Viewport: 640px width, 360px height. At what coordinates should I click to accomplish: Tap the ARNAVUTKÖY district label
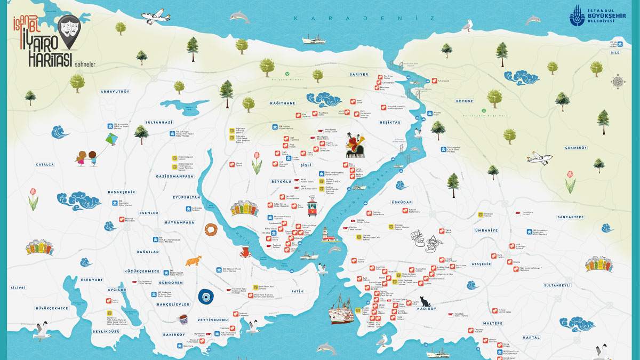pyautogui.click(x=115, y=91)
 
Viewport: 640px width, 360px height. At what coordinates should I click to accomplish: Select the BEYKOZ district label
pyautogui.click(x=465, y=100)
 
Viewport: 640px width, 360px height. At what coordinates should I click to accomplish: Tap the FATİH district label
pyautogui.click(x=297, y=291)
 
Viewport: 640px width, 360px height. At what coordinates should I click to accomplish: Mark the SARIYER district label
pyautogui.click(x=359, y=74)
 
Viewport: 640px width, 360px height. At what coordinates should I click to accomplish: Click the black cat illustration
pyautogui.click(x=425, y=301)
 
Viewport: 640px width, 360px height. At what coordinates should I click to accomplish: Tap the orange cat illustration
pyautogui.click(x=193, y=261)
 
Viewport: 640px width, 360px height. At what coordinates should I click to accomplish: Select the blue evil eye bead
pyautogui.click(x=205, y=297)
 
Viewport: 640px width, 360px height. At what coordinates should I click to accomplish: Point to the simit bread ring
pyautogui.click(x=211, y=230)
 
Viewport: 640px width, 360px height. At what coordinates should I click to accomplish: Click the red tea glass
pyautogui.click(x=245, y=251)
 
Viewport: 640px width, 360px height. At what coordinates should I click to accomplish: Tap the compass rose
pyautogui.click(x=618, y=82)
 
